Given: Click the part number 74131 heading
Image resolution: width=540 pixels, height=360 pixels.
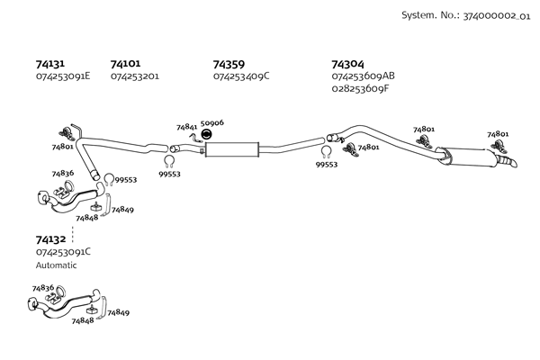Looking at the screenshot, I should click(x=49, y=64).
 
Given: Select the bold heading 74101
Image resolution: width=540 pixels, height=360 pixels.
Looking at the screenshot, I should click(x=125, y=64).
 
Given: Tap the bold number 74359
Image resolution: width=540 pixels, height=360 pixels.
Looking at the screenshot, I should click(x=229, y=64).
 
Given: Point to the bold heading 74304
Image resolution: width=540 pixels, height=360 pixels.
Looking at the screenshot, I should click(x=347, y=64).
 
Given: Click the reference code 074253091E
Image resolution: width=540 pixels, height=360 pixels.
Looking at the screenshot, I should click(x=63, y=76).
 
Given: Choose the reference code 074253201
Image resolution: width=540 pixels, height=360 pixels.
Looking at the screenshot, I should click(x=135, y=76).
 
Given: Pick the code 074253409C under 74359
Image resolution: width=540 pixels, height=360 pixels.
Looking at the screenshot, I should click(x=241, y=76).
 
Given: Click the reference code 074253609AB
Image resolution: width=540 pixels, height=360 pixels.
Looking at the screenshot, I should click(x=363, y=76).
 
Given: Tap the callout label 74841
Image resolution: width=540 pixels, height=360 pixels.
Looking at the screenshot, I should click(x=186, y=128).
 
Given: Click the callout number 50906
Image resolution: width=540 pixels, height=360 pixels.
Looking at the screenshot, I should click(x=212, y=122).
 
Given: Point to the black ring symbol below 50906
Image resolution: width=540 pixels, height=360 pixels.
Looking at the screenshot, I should click(x=206, y=134).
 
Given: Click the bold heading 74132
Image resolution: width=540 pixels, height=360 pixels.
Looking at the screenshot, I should click(x=50, y=239).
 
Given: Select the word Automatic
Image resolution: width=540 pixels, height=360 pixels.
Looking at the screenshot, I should click(x=57, y=265).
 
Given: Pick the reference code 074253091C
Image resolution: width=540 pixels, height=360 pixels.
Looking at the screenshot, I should click(x=63, y=252).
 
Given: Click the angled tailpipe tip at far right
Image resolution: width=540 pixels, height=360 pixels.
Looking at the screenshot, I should click(x=513, y=163).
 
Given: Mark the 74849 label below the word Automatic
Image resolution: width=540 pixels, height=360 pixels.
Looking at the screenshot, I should click(x=118, y=312).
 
